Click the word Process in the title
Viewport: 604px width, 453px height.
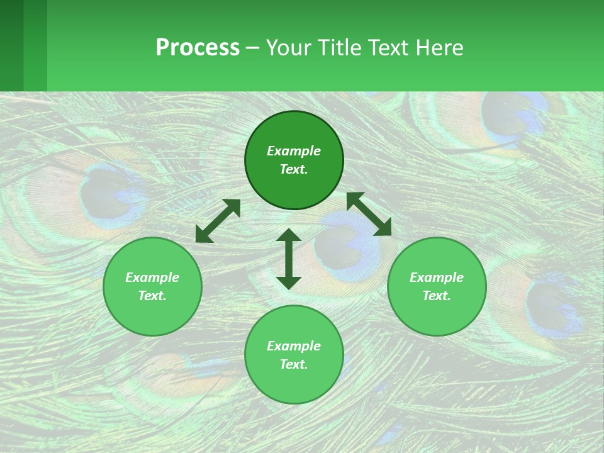tap(198, 48)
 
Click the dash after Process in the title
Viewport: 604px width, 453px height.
tap(252, 48)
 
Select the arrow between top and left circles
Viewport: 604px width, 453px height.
tap(218, 221)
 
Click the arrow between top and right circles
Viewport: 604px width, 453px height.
tap(369, 214)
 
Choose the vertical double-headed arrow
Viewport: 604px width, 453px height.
tap(289, 259)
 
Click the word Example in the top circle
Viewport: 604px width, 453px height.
tap(294, 151)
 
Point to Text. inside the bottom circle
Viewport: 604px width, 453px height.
tap(294, 364)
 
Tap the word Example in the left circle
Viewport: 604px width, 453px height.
tap(152, 277)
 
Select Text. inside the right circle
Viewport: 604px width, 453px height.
tap(437, 296)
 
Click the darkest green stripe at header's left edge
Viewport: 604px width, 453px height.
tap(11, 45)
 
